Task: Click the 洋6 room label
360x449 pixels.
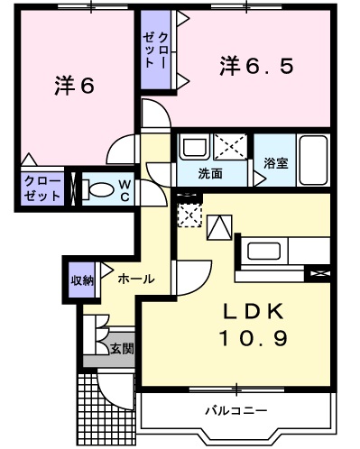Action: coord(74,87)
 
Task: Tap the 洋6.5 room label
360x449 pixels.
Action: coord(257,66)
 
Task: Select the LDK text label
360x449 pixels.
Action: coord(254,312)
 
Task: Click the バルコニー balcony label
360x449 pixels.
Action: coord(235,410)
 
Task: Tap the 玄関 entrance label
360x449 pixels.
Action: coord(122,347)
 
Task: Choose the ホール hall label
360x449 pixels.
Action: coord(135,279)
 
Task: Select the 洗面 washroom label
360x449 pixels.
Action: coord(211,171)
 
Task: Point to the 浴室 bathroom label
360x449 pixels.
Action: coord(275,163)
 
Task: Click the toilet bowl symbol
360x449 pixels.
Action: coord(101,189)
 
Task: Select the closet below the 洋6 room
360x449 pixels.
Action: coord(43,188)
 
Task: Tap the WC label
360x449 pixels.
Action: coord(126,190)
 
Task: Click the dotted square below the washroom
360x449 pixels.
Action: coord(190,215)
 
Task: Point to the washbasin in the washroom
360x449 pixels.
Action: coord(194,146)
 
